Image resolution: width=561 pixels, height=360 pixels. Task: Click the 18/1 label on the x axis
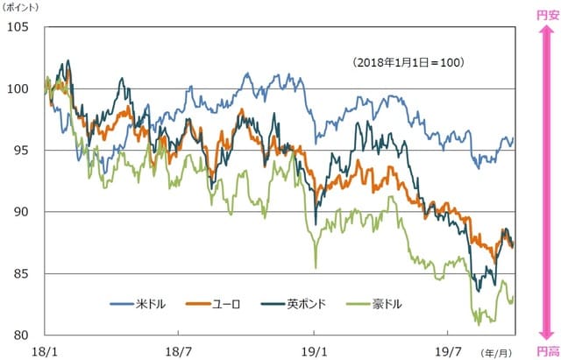pos(43,350)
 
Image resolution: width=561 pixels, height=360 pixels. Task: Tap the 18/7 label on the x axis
pos(179,350)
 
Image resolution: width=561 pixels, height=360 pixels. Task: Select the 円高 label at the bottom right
pos(547,350)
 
